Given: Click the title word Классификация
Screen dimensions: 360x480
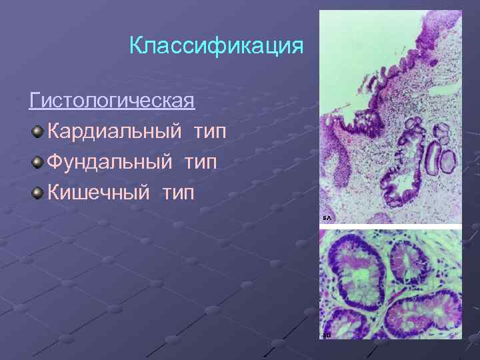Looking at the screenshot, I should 217,47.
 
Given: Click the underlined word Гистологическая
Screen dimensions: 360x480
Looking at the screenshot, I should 112,101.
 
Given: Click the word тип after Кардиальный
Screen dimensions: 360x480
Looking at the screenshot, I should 209,131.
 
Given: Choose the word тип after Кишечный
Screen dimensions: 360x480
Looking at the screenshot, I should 177,193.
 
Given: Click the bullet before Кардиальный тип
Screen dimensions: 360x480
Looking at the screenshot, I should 37,131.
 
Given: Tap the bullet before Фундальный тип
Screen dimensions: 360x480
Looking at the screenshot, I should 37,162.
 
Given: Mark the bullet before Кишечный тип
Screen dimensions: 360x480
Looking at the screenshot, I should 37,193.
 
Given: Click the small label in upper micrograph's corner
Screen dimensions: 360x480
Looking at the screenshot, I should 327,218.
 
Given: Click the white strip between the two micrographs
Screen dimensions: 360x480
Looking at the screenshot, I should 390,227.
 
